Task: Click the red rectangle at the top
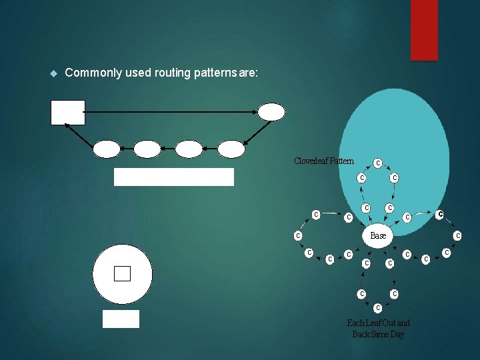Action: [424, 29]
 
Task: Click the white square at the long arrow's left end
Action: [68, 112]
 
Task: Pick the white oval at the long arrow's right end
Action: [271, 112]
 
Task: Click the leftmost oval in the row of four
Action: [107, 149]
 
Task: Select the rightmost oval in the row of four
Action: [231, 149]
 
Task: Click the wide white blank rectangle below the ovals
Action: [174, 177]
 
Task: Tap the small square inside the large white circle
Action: [122, 273]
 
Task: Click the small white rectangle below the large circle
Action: [121, 319]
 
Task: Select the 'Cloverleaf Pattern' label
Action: [324, 161]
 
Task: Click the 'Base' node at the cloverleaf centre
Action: [378, 236]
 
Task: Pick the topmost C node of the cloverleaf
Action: [378, 163]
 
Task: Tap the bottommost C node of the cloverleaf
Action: [378, 308]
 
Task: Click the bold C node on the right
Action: [440, 214]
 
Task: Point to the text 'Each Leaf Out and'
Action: [378, 323]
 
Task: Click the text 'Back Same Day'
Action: [378, 334]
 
